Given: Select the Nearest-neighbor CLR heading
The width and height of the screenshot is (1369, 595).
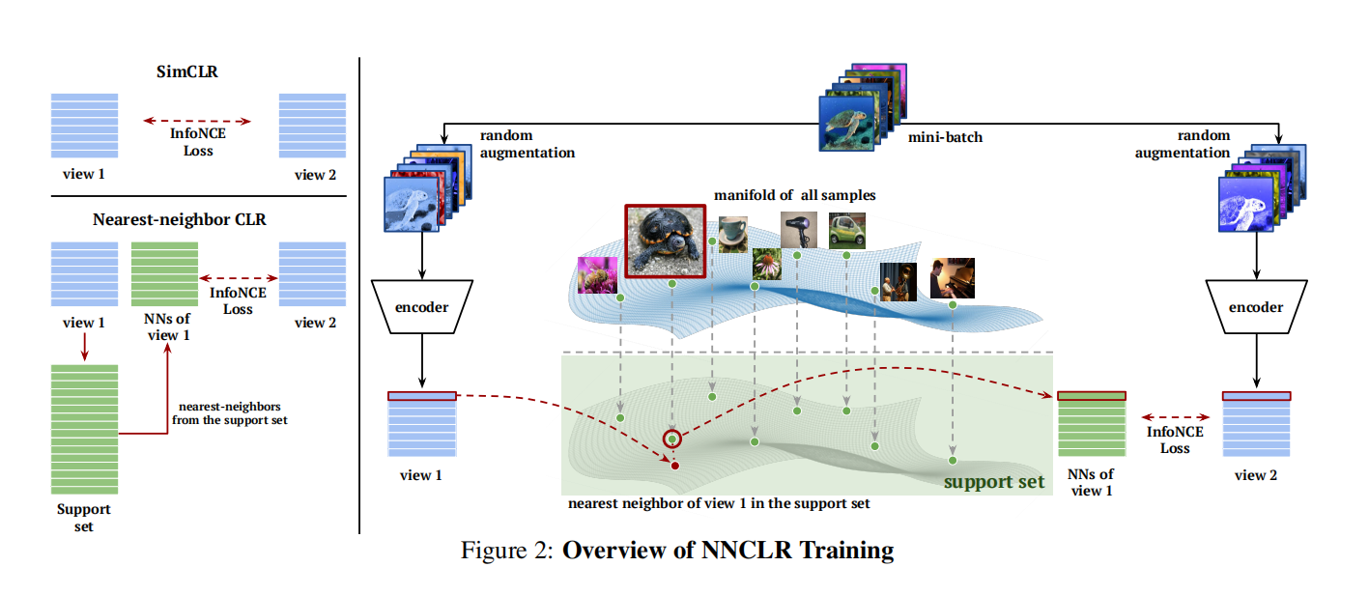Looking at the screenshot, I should [x=180, y=219].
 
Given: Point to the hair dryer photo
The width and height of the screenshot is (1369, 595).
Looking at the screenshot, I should [x=798, y=229].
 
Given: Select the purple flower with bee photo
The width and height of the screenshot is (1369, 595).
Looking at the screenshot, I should [x=595, y=274].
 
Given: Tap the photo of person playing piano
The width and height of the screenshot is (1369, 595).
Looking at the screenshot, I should [x=952, y=278].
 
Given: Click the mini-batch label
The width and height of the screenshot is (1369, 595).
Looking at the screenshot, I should [x=945, y=137].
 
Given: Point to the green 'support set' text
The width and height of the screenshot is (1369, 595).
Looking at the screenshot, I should [x=994, y=481].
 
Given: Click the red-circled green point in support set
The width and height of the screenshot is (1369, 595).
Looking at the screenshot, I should [x=671, y=440].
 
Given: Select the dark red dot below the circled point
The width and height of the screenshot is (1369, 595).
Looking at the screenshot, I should [x=674, y=467].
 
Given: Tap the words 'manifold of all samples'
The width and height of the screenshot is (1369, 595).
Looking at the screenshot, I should [x=794, y=194].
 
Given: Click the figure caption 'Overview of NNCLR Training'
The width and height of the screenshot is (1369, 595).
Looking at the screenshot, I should [x=727, y=552].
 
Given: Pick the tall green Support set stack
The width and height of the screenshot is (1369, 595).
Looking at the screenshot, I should [x=84, y=429].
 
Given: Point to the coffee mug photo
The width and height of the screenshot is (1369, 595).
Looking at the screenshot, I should [x=732, y=233].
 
